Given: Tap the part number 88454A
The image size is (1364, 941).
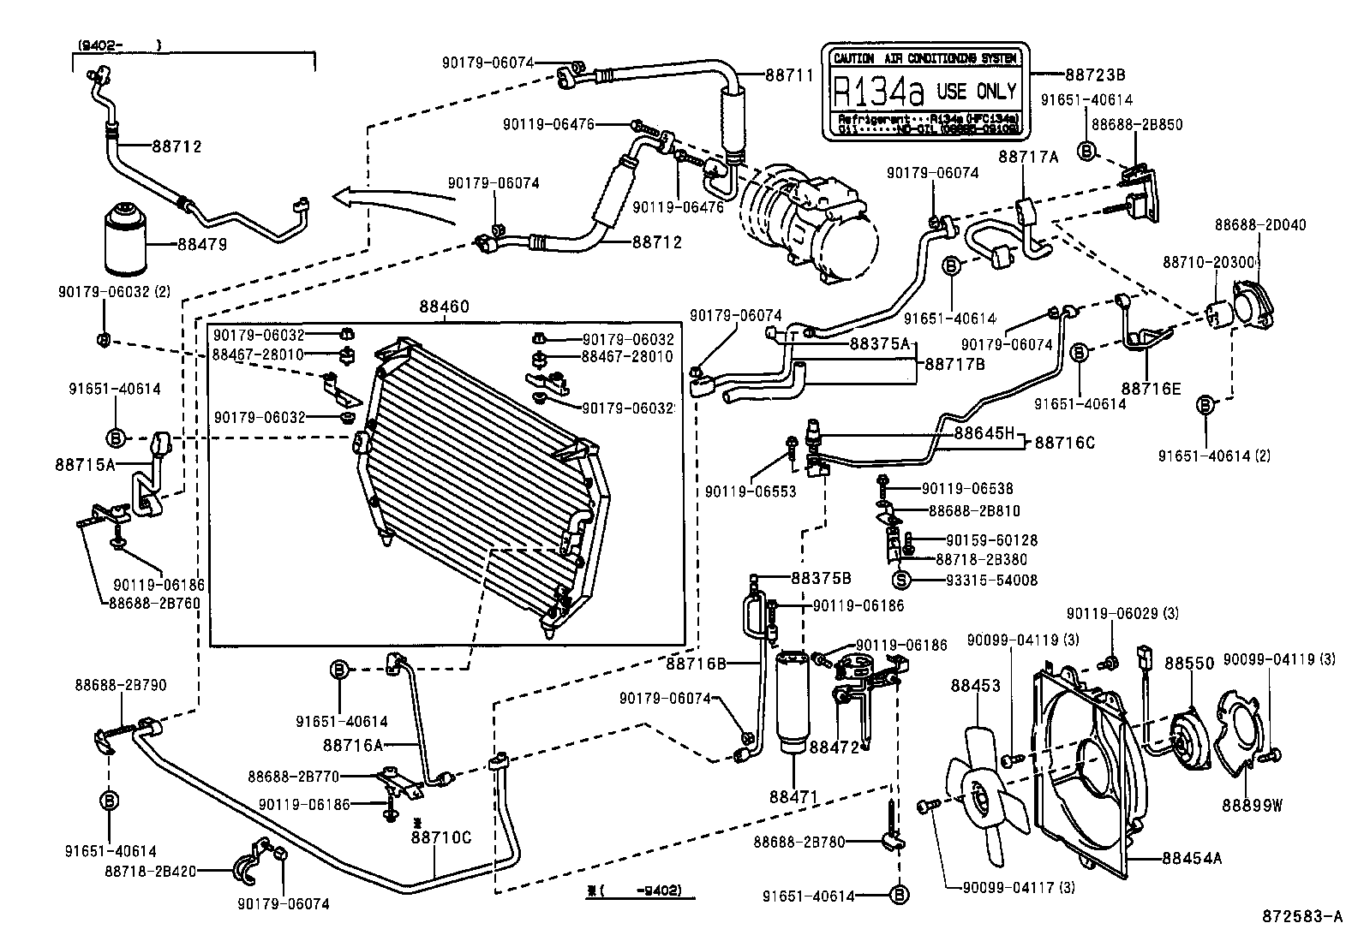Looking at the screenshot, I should (x=1192, y=857).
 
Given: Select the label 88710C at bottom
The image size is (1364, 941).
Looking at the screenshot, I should (x=440, y=837).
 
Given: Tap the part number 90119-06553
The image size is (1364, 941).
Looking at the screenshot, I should (x=751, y=492).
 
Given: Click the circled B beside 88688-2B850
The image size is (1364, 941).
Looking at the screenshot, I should (x=1087, y=152).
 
